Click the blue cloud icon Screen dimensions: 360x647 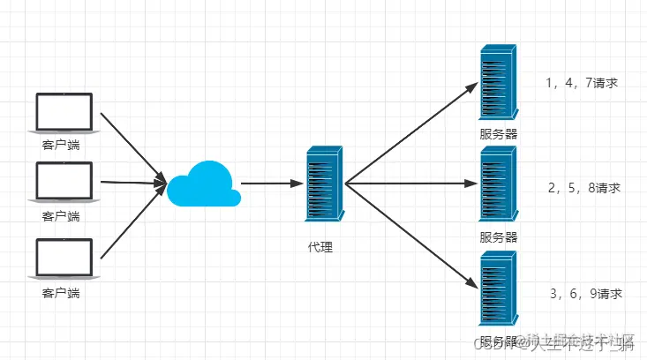click(x=204, y=184)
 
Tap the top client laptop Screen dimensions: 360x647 click(x=63, y=113)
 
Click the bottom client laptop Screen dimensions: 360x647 click(x=63, y=257)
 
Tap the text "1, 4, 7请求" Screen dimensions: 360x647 click(x=581, y=84)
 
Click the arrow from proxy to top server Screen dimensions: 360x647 click(x=410, y=132)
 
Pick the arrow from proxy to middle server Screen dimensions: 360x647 click(x=410, y=184)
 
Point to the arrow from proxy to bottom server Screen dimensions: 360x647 click(x=410, y=236)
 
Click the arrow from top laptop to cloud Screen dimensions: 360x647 click(x=132, y=147)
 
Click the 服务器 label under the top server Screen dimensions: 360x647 click(x=499, y=135)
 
